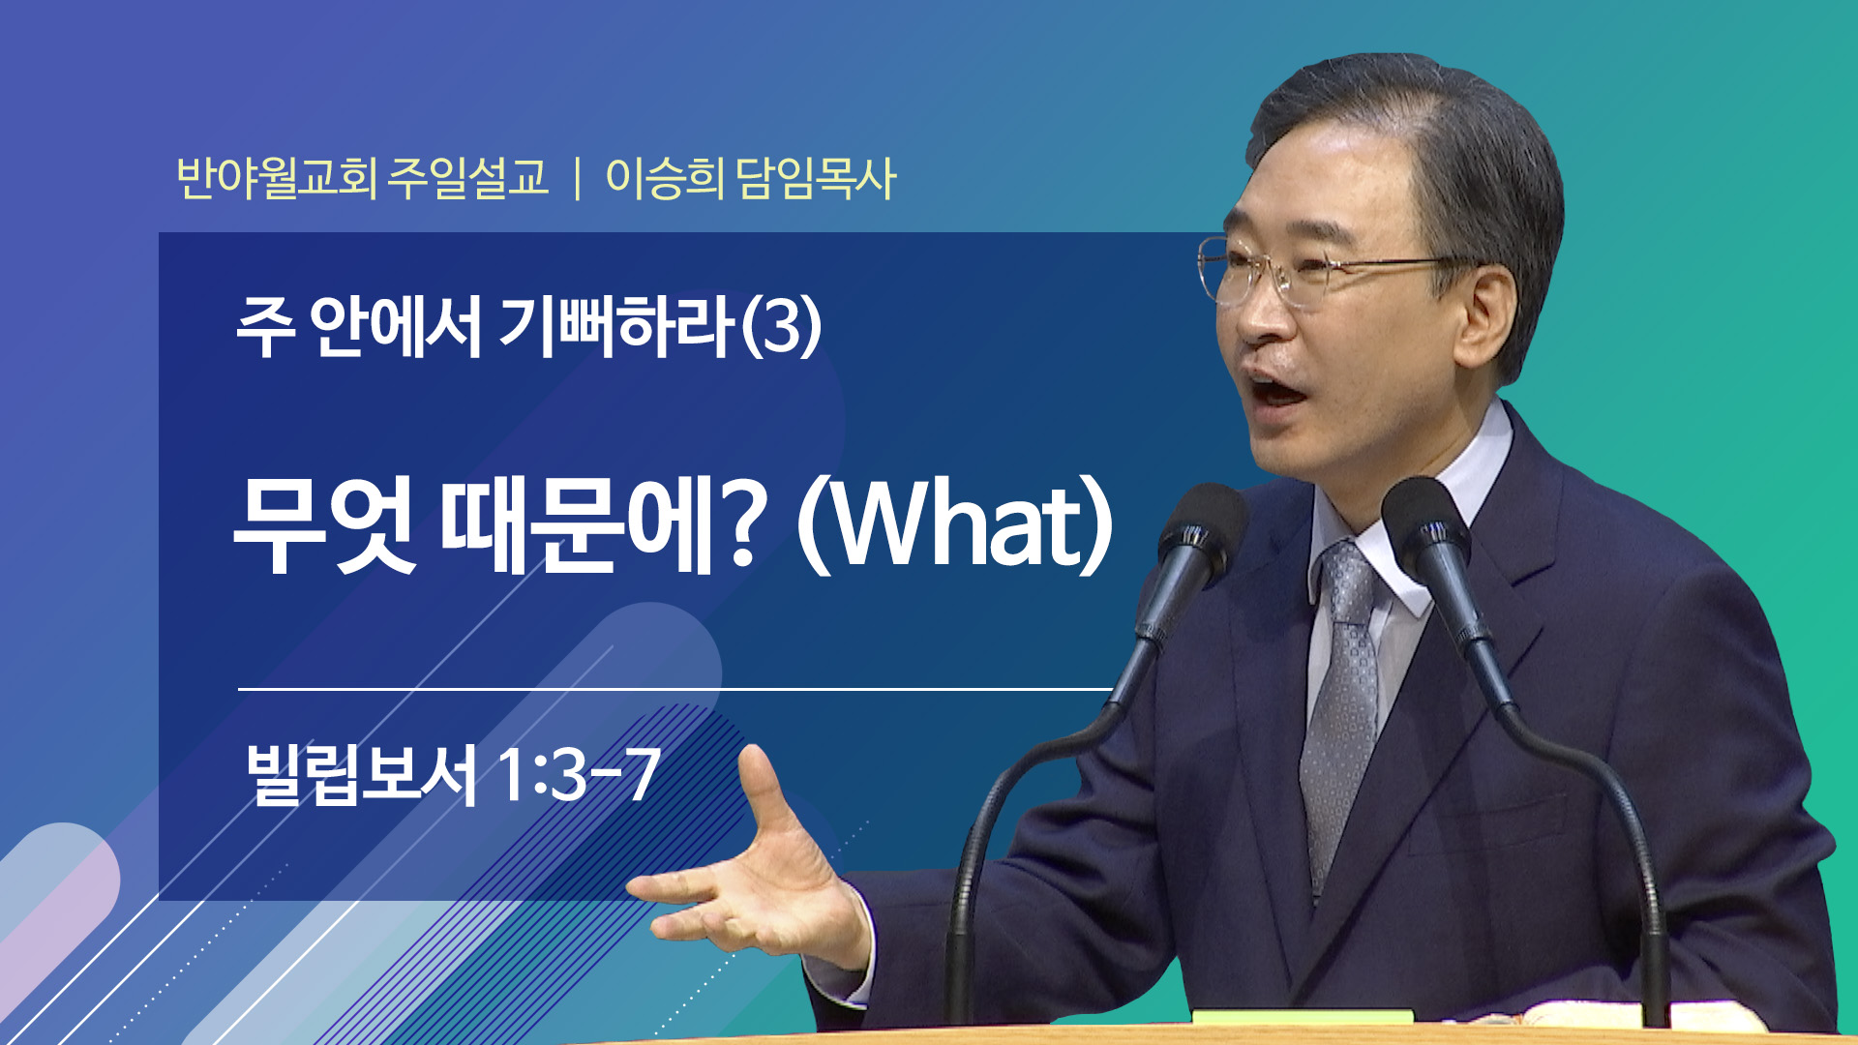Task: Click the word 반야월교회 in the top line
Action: click(x=277, y=178)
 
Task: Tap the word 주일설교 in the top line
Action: click(x=467, y=178)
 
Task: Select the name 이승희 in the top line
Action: click(x=665, y=178)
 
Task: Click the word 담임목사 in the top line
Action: click(x=816, y=178)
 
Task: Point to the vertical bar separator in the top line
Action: click(x=578, y=179)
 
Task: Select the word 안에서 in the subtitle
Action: click(x=396, y=325)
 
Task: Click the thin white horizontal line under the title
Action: click(x=675, y=689)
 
